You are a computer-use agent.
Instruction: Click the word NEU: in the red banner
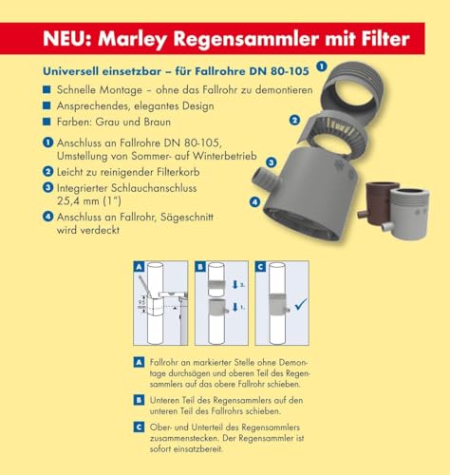point(71,40)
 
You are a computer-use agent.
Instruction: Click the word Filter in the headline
point(379,40)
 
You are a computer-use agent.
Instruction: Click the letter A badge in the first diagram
point(140,268)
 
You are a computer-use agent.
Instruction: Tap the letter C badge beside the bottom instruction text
point(140,427)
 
